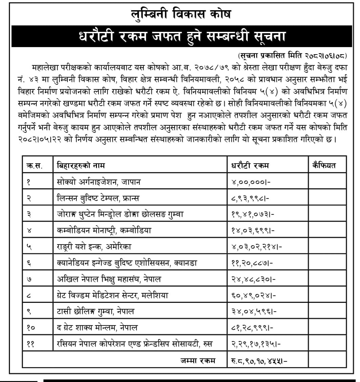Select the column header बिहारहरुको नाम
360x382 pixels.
click(x=81, y=166)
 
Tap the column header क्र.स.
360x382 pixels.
click(x=35, y=166)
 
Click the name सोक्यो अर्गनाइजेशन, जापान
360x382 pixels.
click(x=99, y=182)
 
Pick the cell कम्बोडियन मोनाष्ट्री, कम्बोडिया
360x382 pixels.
click(x=104, y=230)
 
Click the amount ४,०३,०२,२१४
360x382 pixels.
click(x=256, y=247)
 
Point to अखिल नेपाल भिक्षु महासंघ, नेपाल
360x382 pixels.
click(x=109, y=279)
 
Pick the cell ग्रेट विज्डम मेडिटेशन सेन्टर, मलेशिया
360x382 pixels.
click(x=113, y=295)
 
